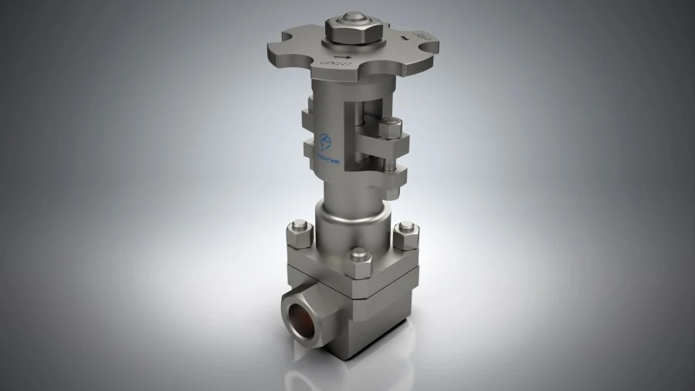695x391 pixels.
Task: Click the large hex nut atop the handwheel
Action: [348, 31]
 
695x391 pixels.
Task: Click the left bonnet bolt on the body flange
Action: [299, 232]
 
